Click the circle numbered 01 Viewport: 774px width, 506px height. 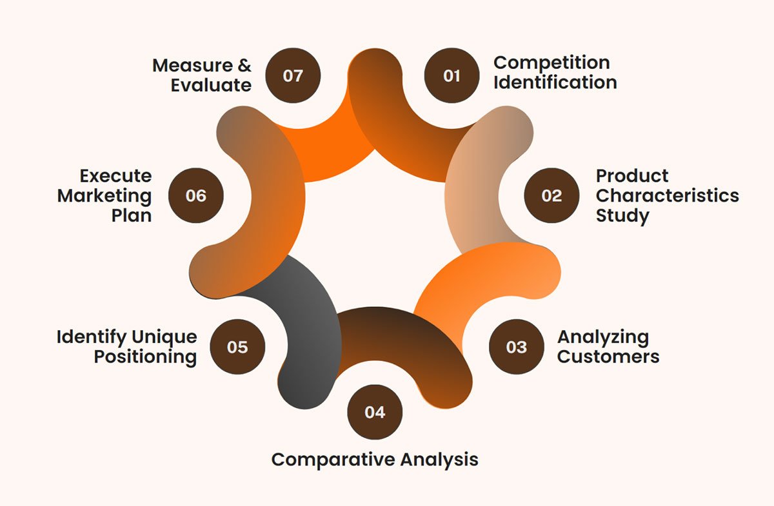(x=451, y=75)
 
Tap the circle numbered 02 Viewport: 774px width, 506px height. (x=551, y=195)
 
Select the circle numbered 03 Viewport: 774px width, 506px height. (x=516, y=347)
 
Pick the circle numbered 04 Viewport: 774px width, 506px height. (x=375, y=412)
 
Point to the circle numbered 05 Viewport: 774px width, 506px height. (x=237, y=347)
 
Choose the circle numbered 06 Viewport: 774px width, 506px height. (x=195, y=195)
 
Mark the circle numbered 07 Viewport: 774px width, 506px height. (x=293, y=75)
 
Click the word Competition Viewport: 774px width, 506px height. (x=551, y=63)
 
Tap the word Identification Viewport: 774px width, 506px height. (x=555, y=83)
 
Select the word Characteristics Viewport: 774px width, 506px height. (x=667, y=195)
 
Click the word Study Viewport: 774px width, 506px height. (x=622, y=216)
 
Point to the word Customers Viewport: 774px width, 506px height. (x=608, y=356)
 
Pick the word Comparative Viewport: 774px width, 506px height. (x=333, y=460)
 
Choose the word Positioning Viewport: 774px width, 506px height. (x=145, y=357)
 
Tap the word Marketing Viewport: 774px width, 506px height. (x=104, y=197)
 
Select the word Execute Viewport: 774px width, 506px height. (x=115, y=176)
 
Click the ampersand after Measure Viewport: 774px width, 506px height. (x=244, y=65)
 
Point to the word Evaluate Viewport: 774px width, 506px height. (x=211, y=85)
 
